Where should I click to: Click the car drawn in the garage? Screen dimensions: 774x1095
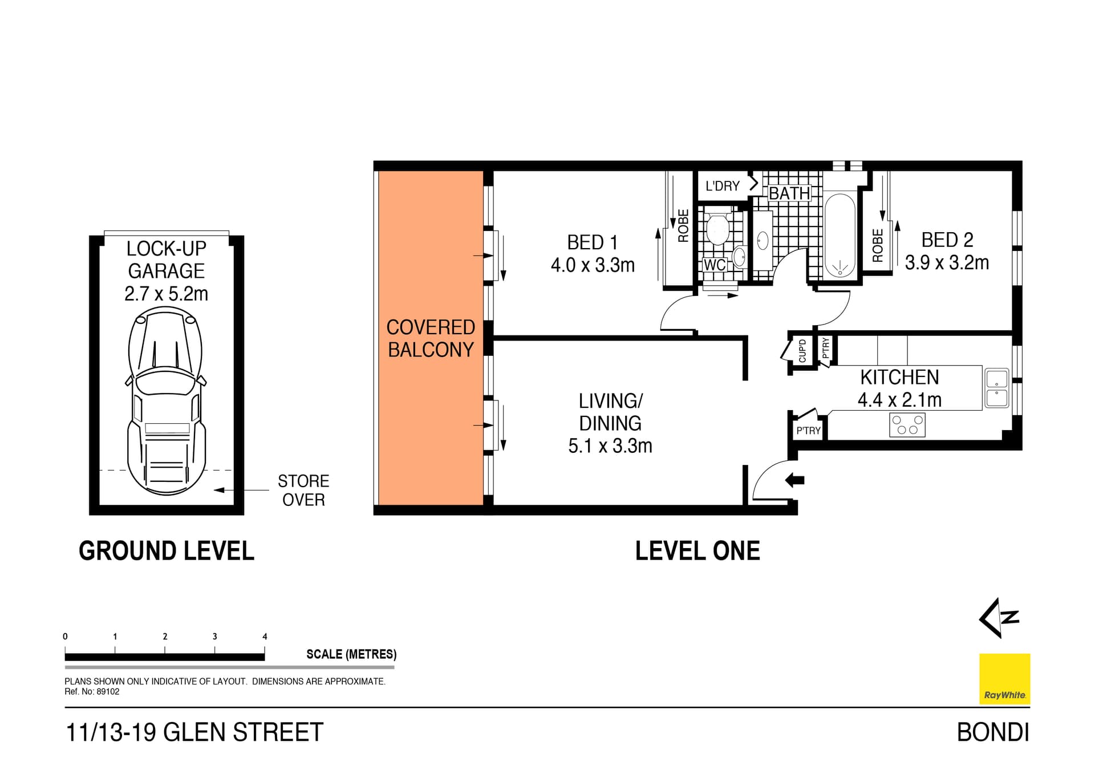tap(165, 399)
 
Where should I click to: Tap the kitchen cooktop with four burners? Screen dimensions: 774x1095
tap(907, 425)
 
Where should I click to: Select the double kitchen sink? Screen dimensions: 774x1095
tap(996, 388)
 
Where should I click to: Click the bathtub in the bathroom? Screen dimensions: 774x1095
tap(839, 236)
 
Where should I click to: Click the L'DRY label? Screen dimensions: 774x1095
tap(722, 186)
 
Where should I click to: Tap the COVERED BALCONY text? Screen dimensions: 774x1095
tap(431, 338)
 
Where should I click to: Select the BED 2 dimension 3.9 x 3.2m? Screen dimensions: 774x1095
tap(947, 263)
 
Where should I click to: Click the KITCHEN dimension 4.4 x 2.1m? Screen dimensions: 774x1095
tap(899, 400)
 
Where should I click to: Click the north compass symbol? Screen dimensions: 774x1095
tap(999, 618)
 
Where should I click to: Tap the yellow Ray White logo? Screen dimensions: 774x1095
tap(1004, 679)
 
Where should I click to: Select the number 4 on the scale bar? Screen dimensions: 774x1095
tap(265, 637)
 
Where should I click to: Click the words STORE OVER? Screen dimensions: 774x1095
tap(303, 491)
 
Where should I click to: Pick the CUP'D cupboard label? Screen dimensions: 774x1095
tap(802, 351)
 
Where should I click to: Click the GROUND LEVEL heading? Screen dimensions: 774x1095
tap(167, 551)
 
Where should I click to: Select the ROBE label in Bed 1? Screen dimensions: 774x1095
tap(683, 226)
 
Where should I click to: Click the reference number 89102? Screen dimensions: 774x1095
tap(108, 692)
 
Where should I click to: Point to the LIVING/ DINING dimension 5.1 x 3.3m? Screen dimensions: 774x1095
tap(610, 446)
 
